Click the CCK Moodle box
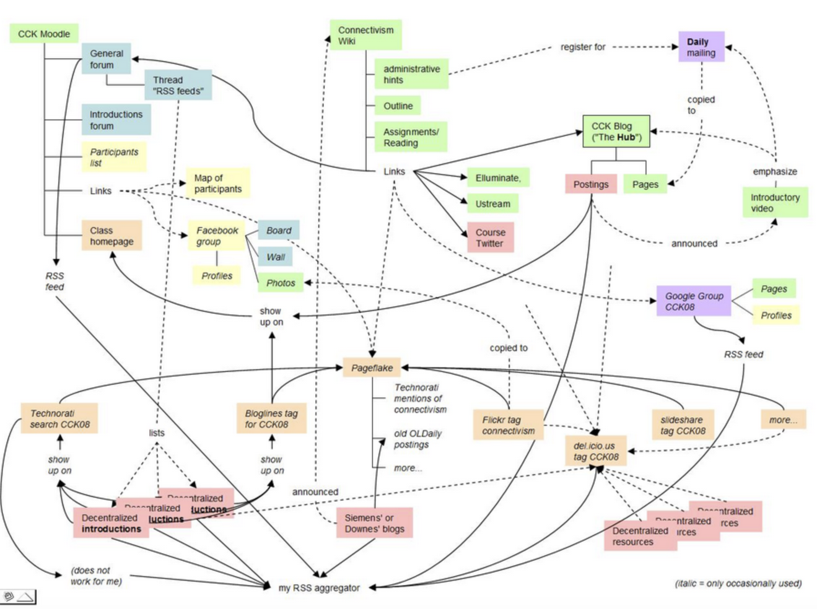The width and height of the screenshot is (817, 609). [x=44, y=34]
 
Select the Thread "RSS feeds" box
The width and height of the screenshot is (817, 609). [x=178, y=85]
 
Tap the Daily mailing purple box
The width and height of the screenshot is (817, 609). [x=701, y=47]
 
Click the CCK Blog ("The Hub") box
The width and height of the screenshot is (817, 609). [x=616, y=132]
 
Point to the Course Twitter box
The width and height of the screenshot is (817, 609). [x=490, y=237]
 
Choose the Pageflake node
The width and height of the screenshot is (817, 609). [x=372, y=368]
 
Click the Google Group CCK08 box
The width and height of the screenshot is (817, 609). [x=693, y=301]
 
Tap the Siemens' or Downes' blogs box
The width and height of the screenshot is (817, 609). [x=374, y=523]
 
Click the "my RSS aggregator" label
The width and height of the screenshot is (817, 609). [x=319, y=588]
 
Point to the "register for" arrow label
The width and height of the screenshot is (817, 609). [x=583, y=47]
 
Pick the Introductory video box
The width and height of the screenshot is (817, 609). [x=775, y=203]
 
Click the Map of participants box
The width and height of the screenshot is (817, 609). [x=218, y=183]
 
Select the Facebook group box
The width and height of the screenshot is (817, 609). [x=217, y=236]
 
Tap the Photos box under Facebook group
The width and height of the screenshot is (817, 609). [x=280, y=283]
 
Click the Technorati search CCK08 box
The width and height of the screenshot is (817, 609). [x=59, y=418]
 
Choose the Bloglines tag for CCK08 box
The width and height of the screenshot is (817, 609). [x=271, y=418]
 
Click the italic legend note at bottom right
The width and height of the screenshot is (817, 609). [x=738, y=583]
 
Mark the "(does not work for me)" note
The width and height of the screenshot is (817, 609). [x=96, y=576]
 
